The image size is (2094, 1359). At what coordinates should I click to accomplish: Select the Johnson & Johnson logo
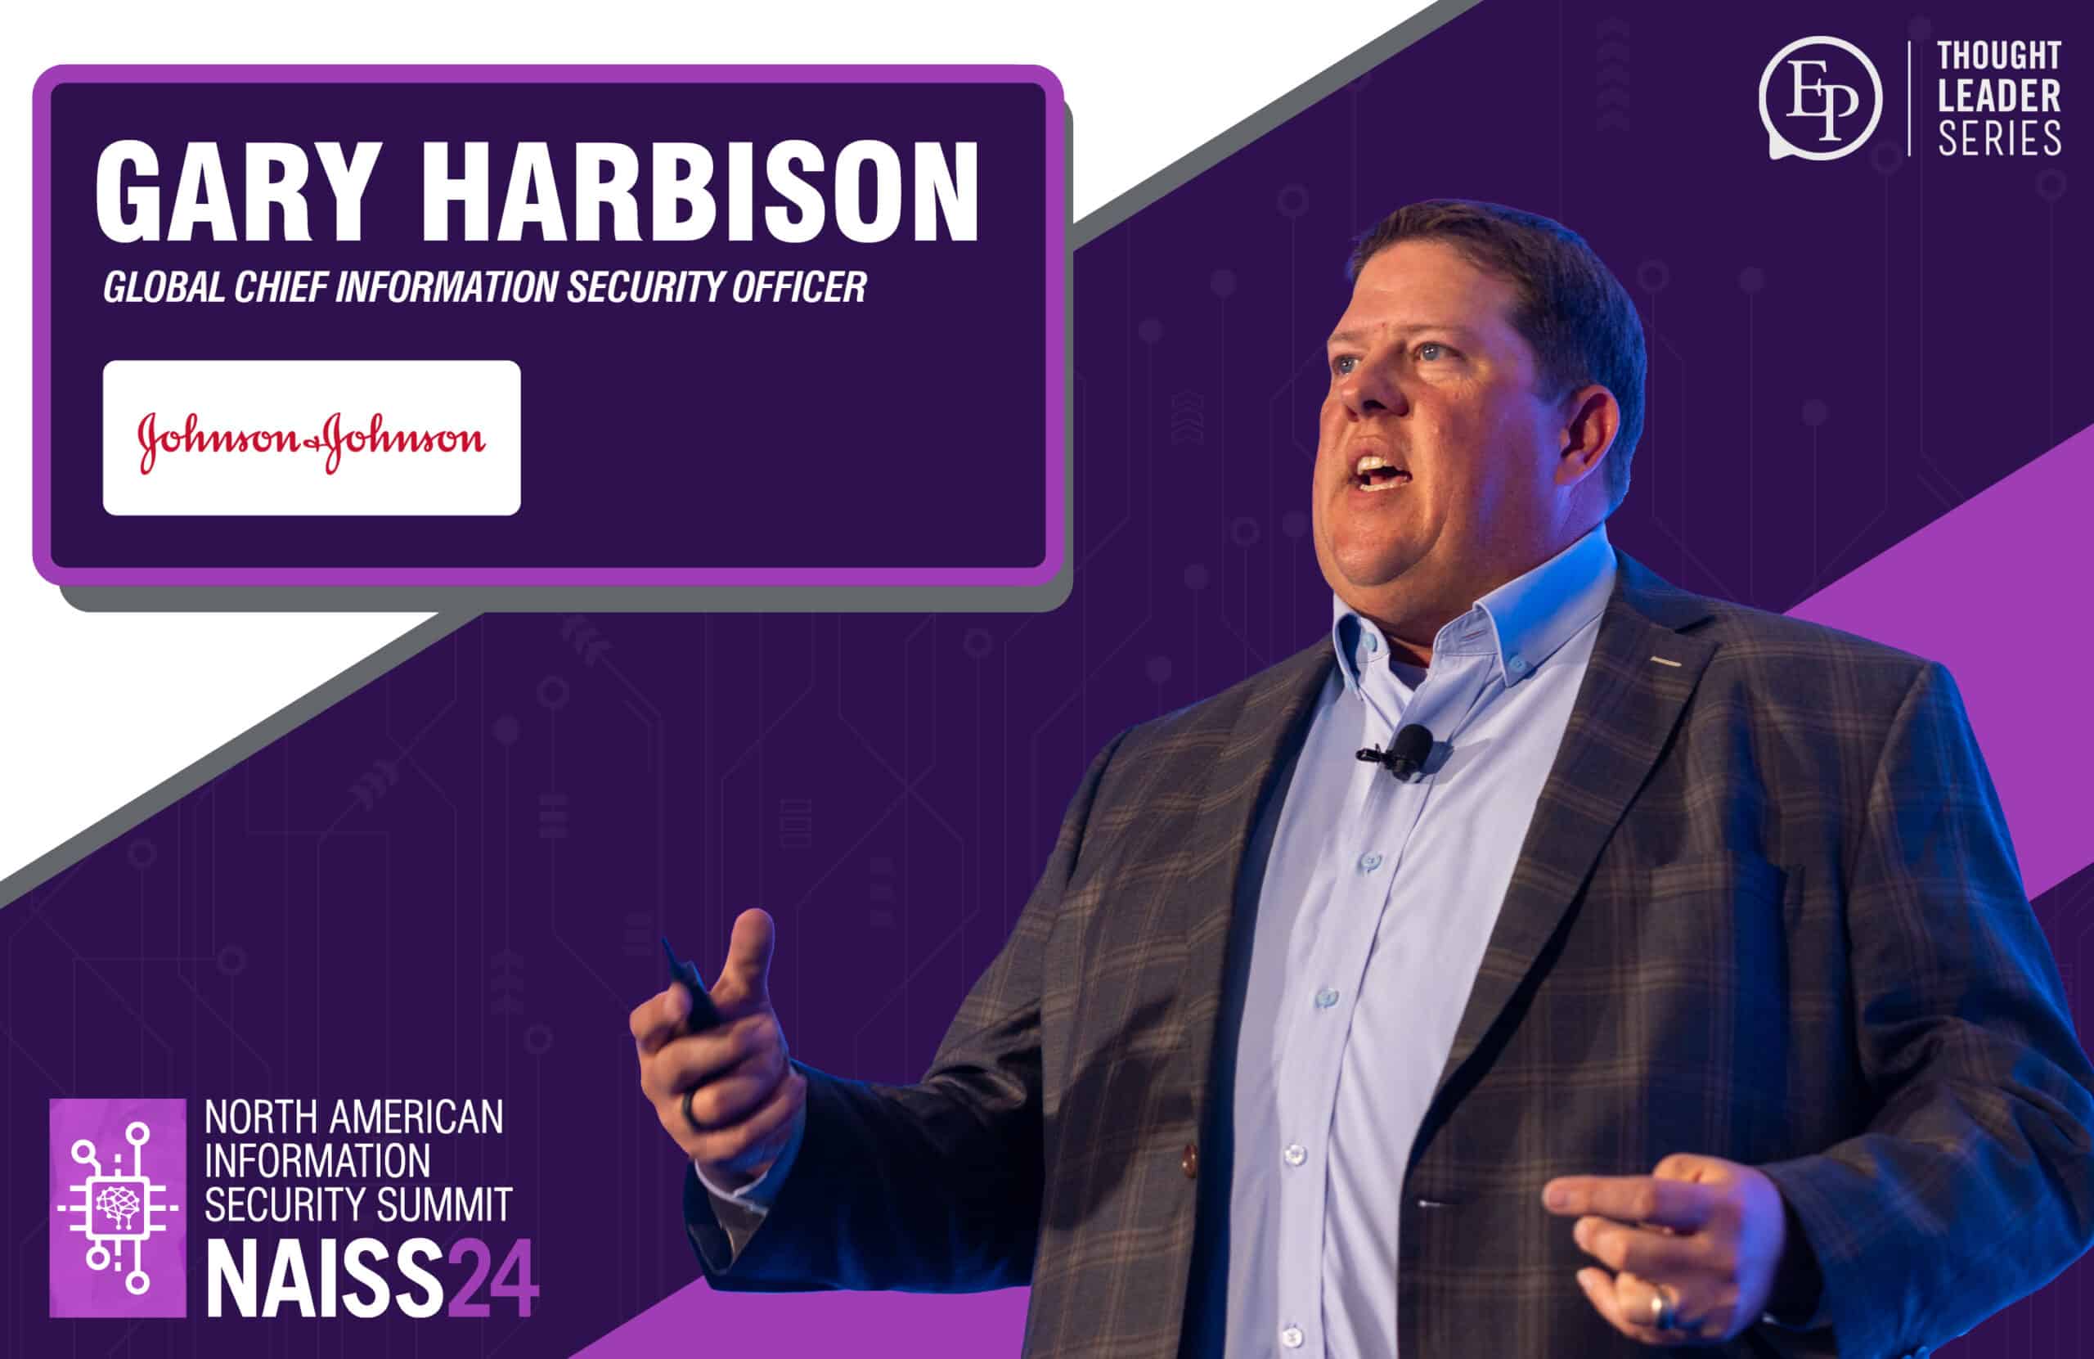[x=312, y=438]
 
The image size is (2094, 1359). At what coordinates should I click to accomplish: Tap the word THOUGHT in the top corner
[x=1999, y=56]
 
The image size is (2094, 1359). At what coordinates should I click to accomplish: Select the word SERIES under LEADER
[x=1999, y=139]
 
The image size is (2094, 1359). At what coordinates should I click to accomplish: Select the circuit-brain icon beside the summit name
[x=118, y=1207]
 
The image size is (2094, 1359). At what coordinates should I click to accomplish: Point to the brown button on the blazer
[x=1189, y=1159]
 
